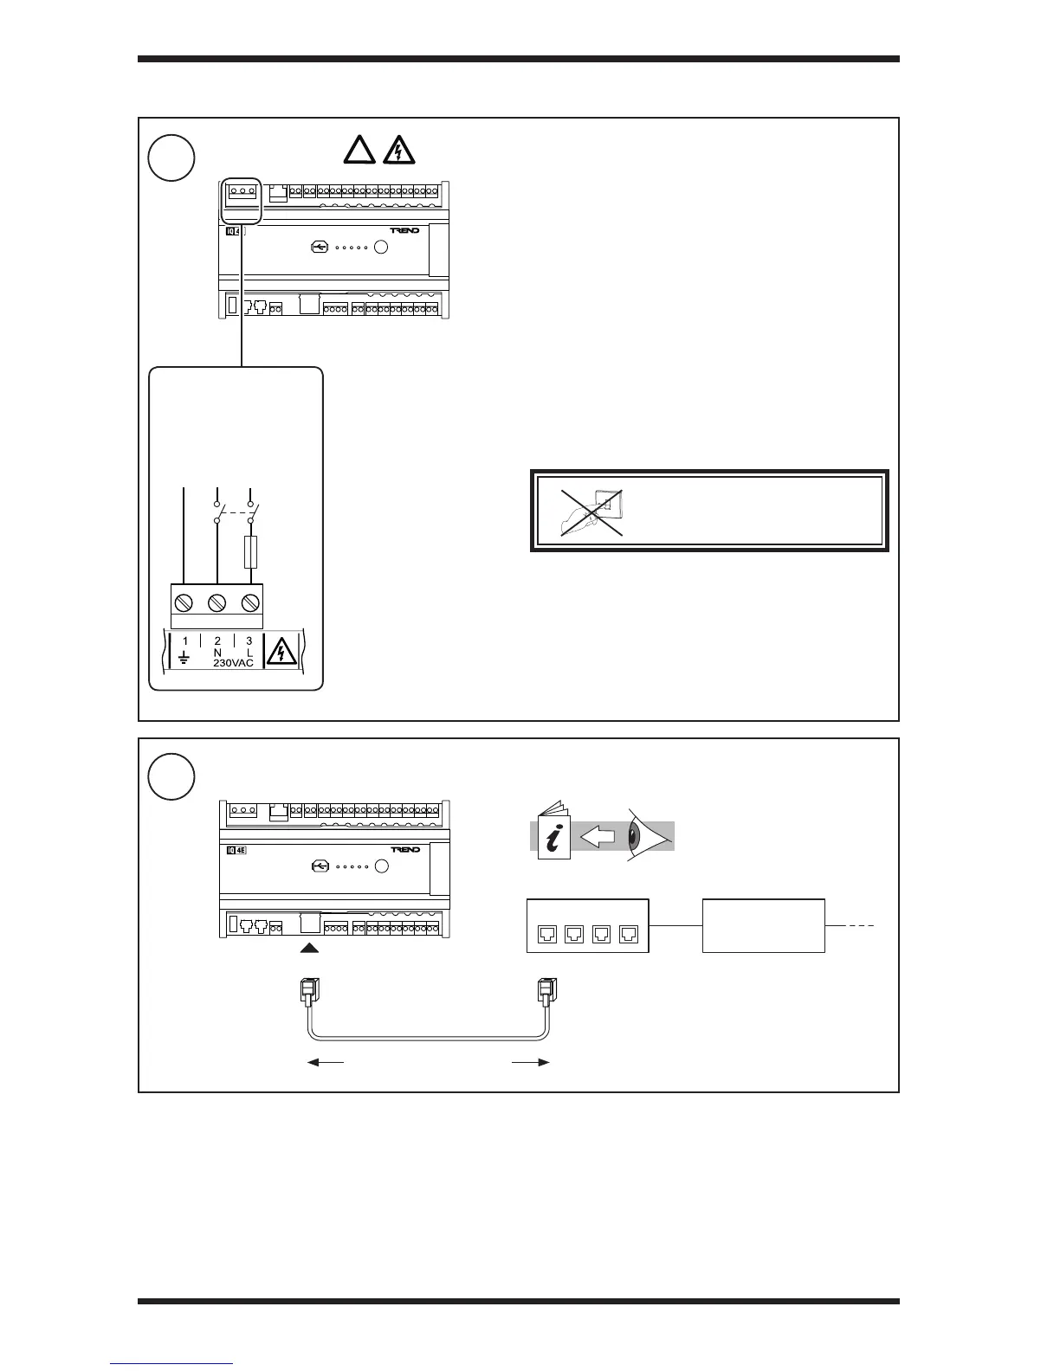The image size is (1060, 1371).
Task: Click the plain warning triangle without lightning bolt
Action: pyautogui.click(x=359, y=151)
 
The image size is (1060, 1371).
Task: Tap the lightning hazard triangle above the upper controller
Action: pyautogui.click(x=399, y=151)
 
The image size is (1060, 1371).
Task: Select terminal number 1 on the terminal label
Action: pyautogui.click(x=186, y=641)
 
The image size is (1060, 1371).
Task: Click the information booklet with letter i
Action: pyautogui.click(x=553, y=833)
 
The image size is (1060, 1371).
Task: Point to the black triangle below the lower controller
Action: pyautogui.click(x=311, y=949)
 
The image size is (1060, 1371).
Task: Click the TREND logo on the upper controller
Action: pyautogui.click(x=405, y=231)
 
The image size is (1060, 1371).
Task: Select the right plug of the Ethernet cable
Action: pyautogui.click(x=547, y=990)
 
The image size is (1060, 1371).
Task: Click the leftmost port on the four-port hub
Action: pyautogui.click(x=547, y=933)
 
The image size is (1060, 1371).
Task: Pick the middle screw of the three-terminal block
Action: pyautogui.click(x=217, y=601)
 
